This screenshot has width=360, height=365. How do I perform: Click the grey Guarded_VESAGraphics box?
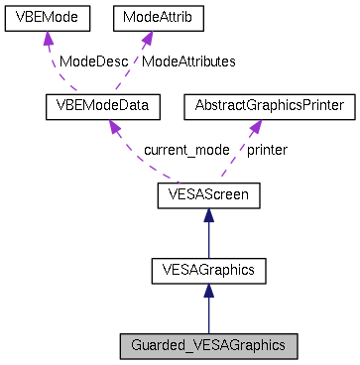tap(208, 346)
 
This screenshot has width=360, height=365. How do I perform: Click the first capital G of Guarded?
tap(136, 346)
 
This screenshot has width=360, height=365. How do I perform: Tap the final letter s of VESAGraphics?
tap(282, 346)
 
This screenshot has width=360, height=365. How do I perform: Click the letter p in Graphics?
tap(255, 347)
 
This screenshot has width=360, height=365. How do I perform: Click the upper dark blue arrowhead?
tap(208, 215)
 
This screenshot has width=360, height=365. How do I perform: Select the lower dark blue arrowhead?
tap(208, 291)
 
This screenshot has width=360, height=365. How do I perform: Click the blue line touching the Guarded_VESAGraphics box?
tap(208, 319)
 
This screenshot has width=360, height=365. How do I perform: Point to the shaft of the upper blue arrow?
tap(208, 242)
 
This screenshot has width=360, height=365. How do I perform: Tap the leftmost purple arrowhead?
tap(48, 40)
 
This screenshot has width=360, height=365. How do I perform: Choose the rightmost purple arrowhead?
tap(256, 128)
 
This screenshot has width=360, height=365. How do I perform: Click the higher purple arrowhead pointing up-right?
tap(147, 39)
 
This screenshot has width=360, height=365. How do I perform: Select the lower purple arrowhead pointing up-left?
tap(114, 128)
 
